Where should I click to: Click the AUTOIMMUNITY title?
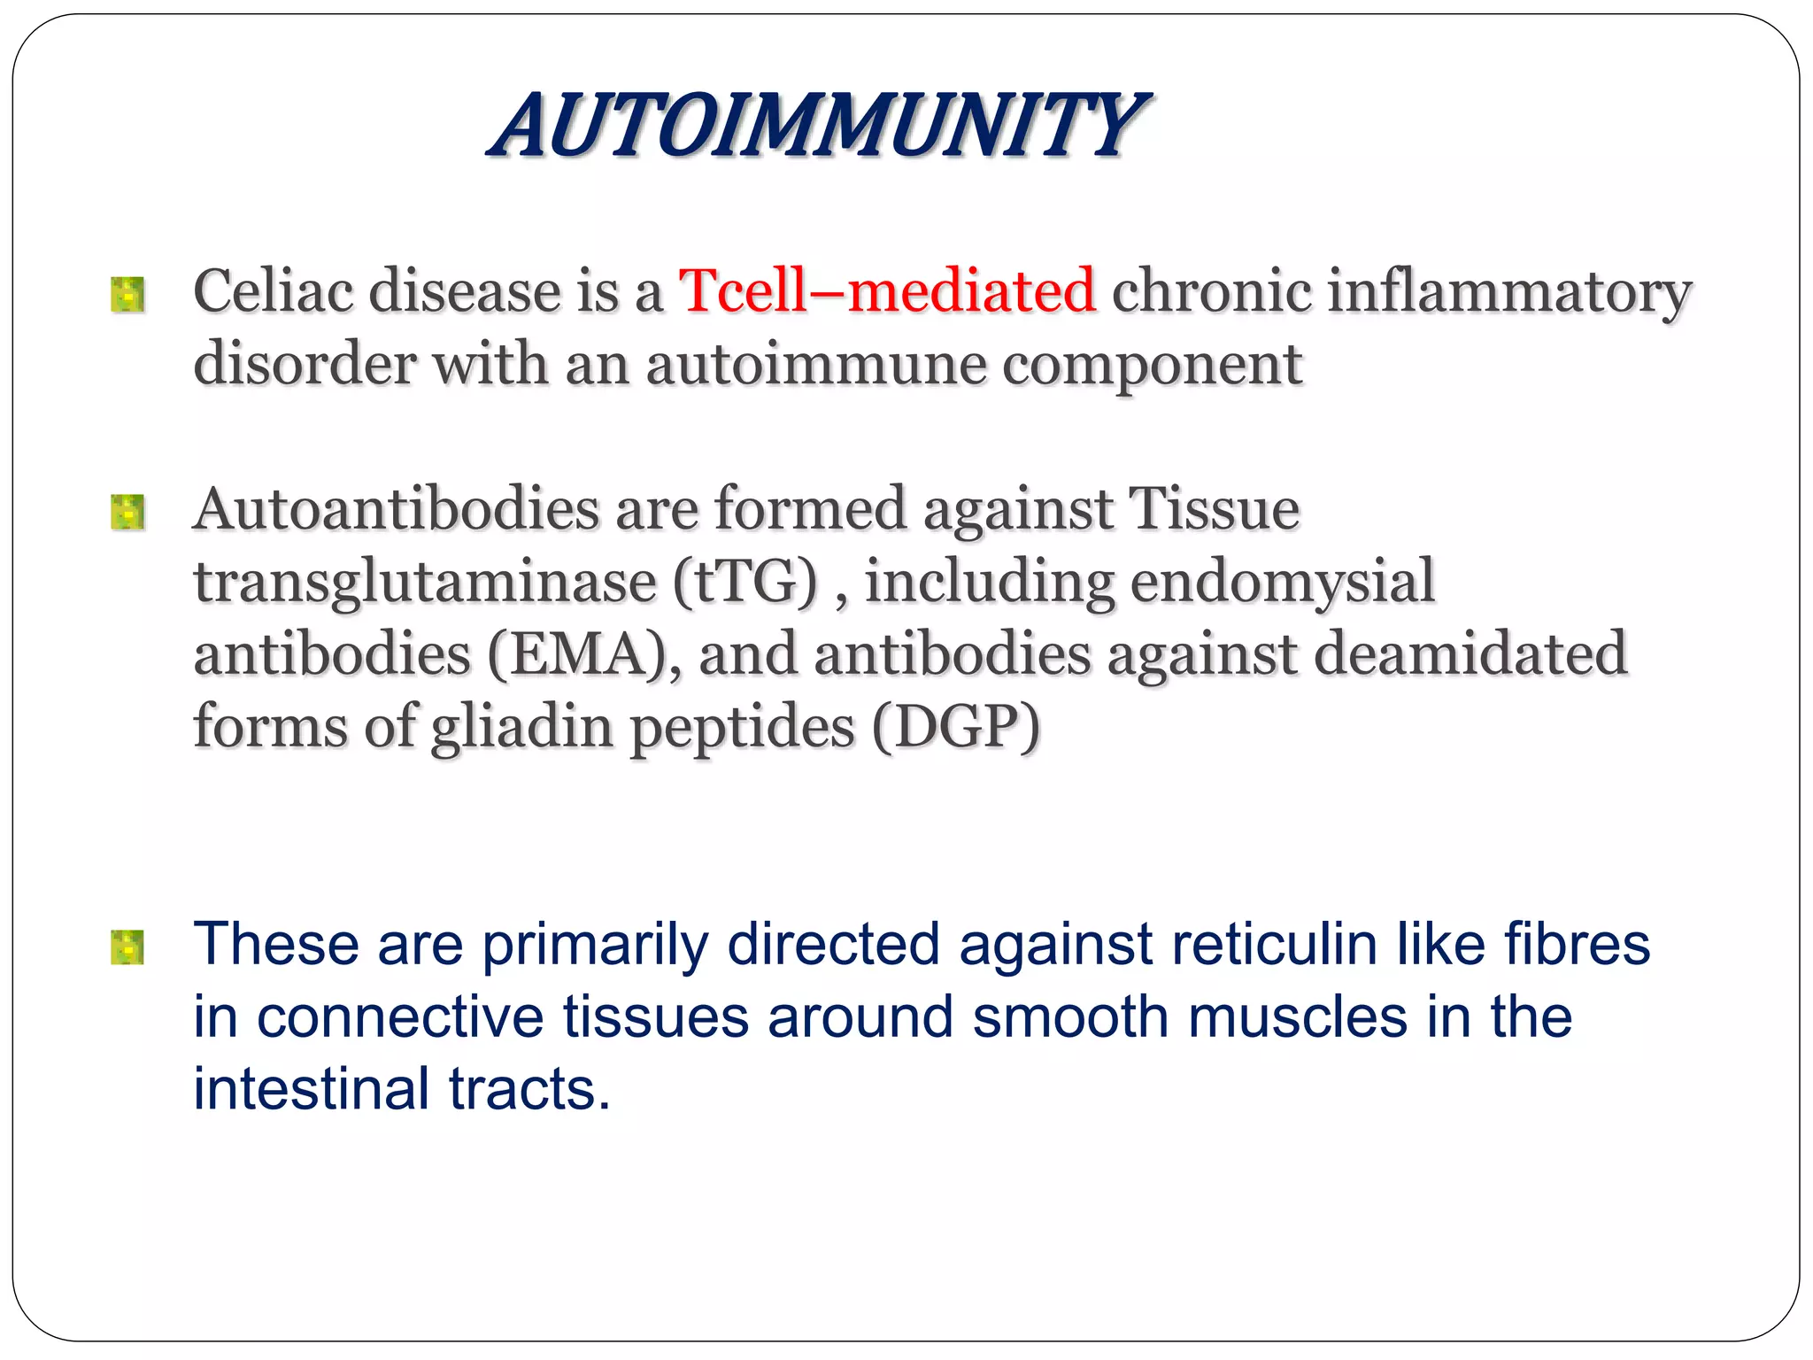pos(818,126)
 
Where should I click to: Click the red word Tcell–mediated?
pos(887,290)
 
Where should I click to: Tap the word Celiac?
pos(273,290)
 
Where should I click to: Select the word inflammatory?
pos(1508,292)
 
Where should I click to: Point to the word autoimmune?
pos(815,364)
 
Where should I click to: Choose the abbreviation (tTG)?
pos(744,582)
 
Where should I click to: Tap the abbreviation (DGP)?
pos(956,727)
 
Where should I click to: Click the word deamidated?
pos(1470,654)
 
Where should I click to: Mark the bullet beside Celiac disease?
pos(127,295)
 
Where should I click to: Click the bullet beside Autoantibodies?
pos(127,513)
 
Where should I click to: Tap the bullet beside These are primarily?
pos(127,947)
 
